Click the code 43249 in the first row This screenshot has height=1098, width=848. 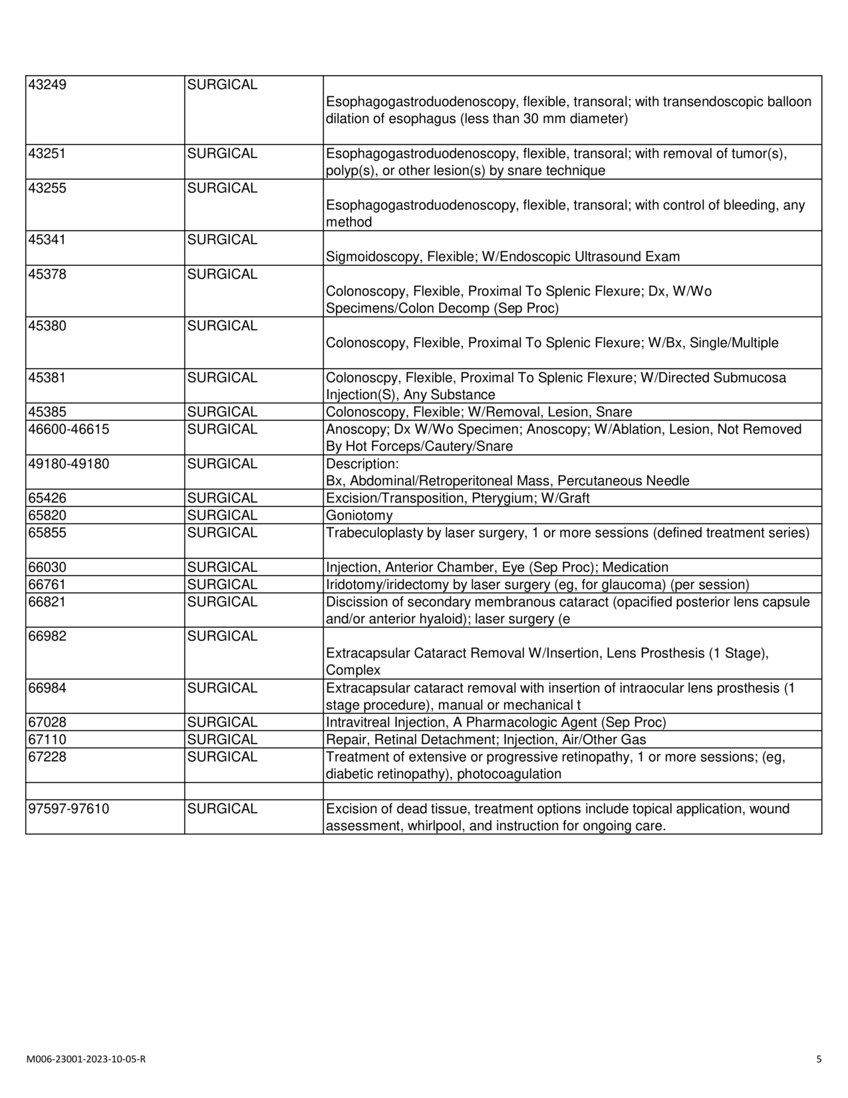[x=47, y=85]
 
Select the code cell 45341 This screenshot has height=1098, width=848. [x=47, y=239]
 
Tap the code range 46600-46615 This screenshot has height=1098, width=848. [x=69, y=430]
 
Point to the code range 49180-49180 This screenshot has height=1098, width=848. [x=69, y=464]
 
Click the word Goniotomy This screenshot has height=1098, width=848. [x=359, y=516]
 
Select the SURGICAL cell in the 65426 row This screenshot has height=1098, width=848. [x=222, y=499]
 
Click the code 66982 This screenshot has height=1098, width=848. [x=47, y=636]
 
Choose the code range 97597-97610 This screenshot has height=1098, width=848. [x=69, y=809]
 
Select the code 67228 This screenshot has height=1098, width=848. [x=47, y=757]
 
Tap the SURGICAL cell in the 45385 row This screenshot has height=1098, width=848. [x=222, y=412]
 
